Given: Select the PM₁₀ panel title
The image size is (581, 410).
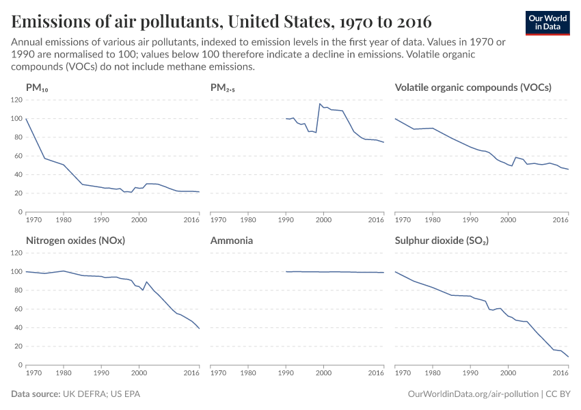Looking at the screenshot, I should click(37, 87).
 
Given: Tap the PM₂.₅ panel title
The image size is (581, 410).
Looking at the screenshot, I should click(224, 87).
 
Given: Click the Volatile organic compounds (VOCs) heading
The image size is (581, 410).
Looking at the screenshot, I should click(473, 87).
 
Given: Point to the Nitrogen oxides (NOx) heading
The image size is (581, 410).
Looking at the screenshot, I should click(75, 241).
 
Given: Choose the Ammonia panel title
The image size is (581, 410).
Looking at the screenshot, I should click(231, 241).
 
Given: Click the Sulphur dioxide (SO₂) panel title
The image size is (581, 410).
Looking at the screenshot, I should click(442, 241).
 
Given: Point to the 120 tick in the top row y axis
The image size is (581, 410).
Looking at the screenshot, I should click(16, 100).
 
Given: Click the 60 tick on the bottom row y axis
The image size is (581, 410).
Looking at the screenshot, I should click(18, 309).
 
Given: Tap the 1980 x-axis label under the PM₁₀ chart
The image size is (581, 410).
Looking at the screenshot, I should click(63, 220).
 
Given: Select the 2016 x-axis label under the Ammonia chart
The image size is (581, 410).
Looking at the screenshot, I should click(376, 373).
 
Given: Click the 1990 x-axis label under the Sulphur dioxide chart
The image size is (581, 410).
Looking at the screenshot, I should click(470, 373).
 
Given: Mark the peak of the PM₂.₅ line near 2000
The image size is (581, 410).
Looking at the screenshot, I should click(320, 104).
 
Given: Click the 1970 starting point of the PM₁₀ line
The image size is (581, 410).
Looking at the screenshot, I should click(26, 119).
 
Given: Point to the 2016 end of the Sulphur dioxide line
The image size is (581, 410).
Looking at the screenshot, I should click(568, 357).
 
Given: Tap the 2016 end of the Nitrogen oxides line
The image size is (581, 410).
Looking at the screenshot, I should click(199, 329).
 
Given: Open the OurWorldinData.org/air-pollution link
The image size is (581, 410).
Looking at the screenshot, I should click(472, 394).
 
